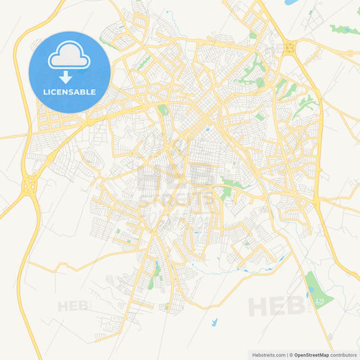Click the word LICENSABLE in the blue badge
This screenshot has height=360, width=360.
point(70,91)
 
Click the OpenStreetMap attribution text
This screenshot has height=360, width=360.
point(311,355)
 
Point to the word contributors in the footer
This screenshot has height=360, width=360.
point(344,355)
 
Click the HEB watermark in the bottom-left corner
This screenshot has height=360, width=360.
point(73,306)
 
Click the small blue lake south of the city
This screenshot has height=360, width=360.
point(214,323)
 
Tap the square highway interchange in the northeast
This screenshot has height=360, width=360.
point(290,47)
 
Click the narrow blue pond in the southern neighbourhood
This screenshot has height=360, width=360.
point(157,267)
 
